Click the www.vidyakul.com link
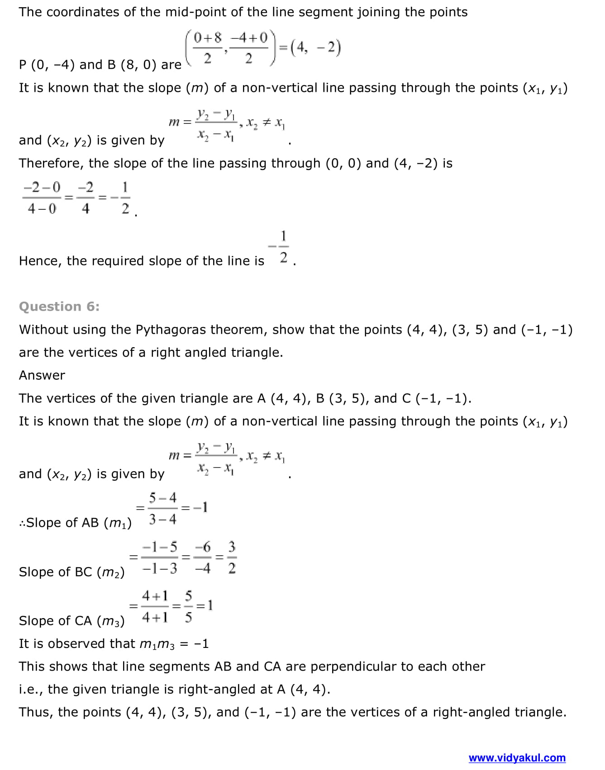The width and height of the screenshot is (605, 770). click(517, 757)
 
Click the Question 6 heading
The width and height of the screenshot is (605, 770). click(59, 307)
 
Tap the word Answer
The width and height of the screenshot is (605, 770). click(42, 375)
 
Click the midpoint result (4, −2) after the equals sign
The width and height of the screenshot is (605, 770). click(315, 47)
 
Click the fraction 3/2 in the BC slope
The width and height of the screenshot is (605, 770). click(232, 557)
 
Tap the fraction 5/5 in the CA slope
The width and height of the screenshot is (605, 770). click(189, 606)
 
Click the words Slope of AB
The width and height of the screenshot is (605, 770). click(62, 523)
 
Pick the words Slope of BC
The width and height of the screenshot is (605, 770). click(57, 572)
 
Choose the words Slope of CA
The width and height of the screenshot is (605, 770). click(57, 621)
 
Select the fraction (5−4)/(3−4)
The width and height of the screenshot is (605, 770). click(162, 509)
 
